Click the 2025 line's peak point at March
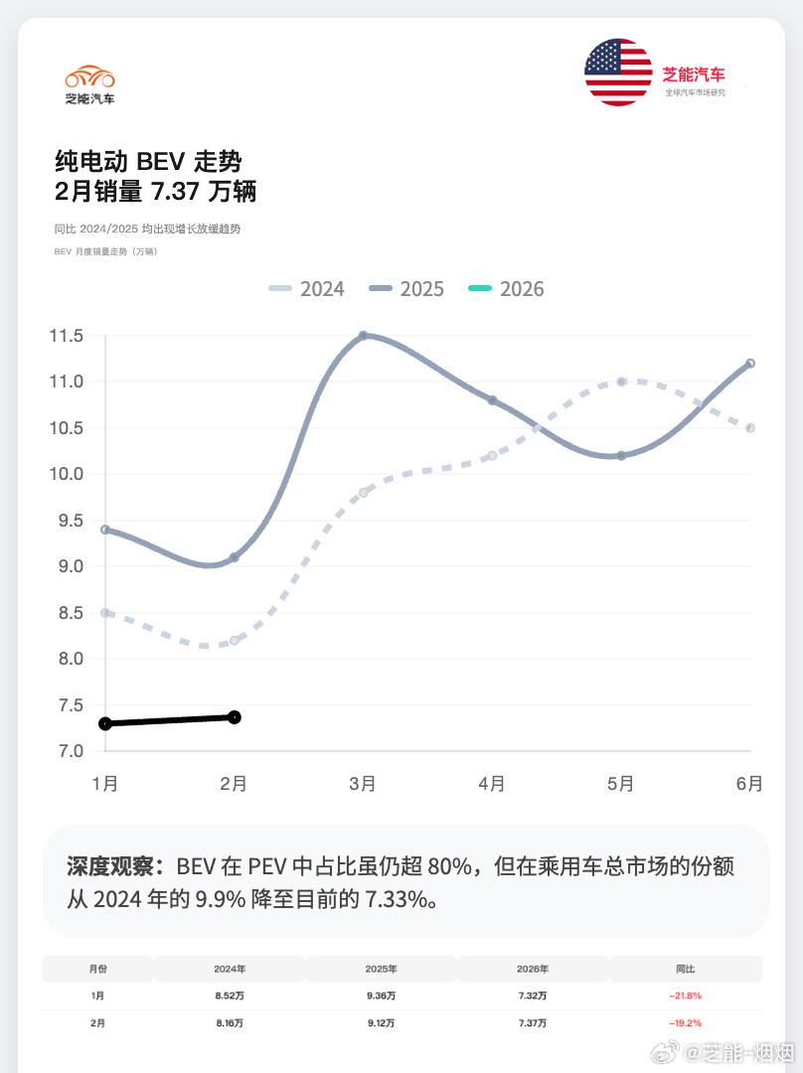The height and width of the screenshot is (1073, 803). click(363, 336)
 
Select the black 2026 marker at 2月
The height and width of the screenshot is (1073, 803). click(235, 716)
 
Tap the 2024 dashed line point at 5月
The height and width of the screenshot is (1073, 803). click(621, 382)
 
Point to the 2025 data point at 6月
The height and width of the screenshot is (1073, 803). click(750, 364)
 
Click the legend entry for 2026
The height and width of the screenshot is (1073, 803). click(507, 289)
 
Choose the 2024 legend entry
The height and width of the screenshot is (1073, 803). click(307, 289)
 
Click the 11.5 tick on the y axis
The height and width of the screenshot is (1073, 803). click(67, 336)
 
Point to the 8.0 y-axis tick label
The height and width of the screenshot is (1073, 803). click(67, 659)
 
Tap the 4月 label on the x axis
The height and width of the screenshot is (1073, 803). click(492, 784)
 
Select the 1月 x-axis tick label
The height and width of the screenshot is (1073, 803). click(105, 784)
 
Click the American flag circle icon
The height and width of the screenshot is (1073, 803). click(618, 73)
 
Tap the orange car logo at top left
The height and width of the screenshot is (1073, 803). click(89, 77)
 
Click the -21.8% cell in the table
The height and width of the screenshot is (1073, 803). click(685, 996)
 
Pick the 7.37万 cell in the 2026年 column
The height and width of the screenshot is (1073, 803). click(533, 1022)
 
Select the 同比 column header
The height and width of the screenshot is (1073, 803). click(685, 969)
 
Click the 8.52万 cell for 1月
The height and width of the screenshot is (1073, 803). click(230, 996)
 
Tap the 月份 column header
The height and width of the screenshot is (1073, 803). click(97, 969)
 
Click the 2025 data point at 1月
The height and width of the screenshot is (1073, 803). click(105, 530)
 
